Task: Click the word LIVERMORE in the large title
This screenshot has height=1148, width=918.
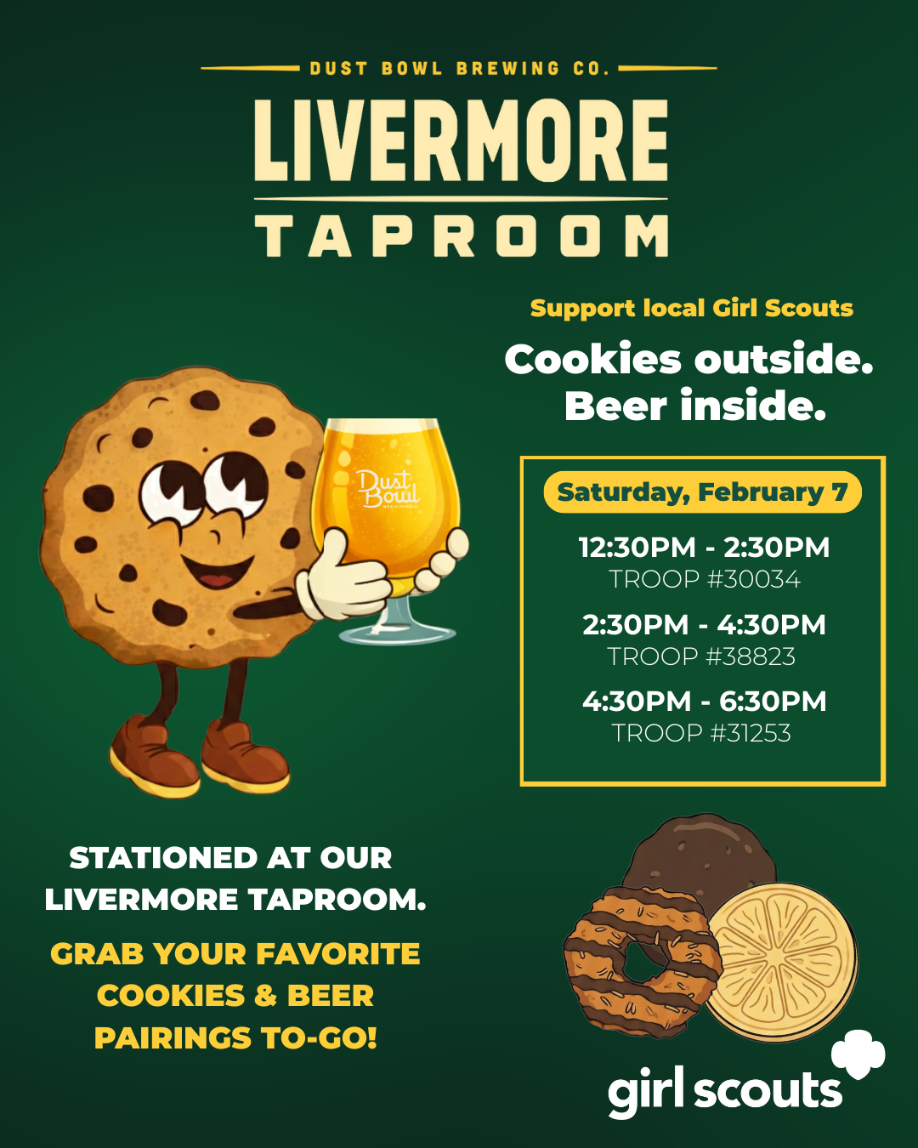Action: pyautogui.click(x=461, y=141)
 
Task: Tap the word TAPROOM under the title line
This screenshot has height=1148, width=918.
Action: pyautogui.click(x=462, y=236)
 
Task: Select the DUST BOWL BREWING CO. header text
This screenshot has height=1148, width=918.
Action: pyautogui.click(x=459, y=69)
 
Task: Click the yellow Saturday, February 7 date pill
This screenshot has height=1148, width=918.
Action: pyautogui.click(x=702, y=492)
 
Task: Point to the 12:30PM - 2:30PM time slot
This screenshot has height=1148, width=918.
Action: pyautogui.click(x=704, y=548)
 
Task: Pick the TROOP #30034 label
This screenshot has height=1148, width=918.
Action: pyautogui.click(x=704, y=579)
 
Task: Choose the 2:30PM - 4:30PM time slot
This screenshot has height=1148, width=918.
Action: pyautogui.click(x=704, y=625)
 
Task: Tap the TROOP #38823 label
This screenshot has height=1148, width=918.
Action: pyautogui.click(x=701, y=656)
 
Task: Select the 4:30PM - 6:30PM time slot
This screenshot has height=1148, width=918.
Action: pyautogui.click(x=704, y=701)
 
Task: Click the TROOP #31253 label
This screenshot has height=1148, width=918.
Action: pyautogui.click(x=701, y=733)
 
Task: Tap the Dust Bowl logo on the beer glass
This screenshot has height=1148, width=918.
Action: pyautogui.click(x=388, y=488)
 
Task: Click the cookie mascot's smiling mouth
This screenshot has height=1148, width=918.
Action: pyautogui.click(x=217, y=571)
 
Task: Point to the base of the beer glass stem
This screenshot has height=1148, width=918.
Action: pyautogui.click(x=398, y=634)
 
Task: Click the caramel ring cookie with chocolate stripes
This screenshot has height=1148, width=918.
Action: pyautogui.click(x=643, y=963)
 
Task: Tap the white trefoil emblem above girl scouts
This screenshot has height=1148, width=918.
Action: pyautogui.click(x=858, y=1054)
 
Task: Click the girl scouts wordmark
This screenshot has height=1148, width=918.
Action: pyautogui.click(x=725, y=1092)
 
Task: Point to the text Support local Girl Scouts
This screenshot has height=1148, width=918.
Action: pyautogui.click(x=692, y=309)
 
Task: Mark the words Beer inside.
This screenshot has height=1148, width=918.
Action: pyautogui.click(x=695, y=406)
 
